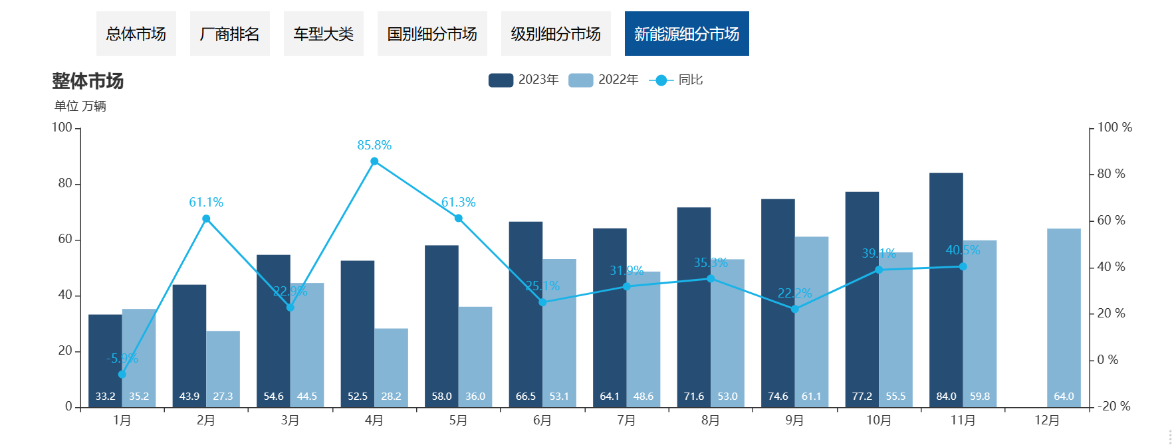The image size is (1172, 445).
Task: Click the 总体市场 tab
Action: (136, 34)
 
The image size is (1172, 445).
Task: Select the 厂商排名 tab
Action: (230, 34)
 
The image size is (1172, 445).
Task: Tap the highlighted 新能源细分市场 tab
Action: (687, 34)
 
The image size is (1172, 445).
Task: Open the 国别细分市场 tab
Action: (432, 34)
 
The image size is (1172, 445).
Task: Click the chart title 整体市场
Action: (88, 81)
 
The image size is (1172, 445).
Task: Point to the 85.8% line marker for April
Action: (374, 161)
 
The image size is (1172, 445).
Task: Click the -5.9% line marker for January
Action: (122, 375)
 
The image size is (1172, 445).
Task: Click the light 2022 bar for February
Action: (223, 365)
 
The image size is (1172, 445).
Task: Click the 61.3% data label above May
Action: (459, 203)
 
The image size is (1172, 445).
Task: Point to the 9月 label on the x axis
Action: (794, 420)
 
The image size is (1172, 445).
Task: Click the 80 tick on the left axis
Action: (65, 183)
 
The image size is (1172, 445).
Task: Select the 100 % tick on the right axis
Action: (1114, 128)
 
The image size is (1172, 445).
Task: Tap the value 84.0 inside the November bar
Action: (946, 397)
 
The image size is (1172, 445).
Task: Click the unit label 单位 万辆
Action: (80, 106)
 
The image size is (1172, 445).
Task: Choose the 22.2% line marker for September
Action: (794, 309)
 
